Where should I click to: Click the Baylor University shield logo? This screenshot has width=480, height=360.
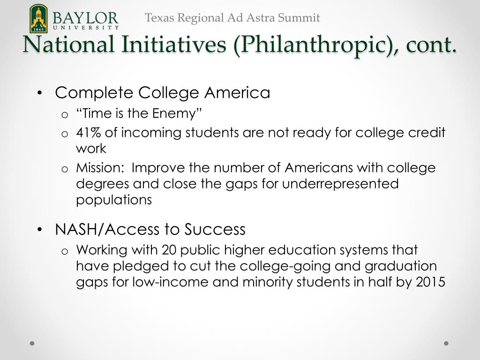point(38,18)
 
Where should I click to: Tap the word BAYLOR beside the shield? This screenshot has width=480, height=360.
point(85,18)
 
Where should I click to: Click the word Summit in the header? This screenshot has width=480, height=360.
point(299,18)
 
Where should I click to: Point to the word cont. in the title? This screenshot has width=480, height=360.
point(431,45)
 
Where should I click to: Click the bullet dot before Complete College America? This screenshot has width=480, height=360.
point(39,93)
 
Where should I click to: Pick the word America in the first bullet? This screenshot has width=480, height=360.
point(237,93)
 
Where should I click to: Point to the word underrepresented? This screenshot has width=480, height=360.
point(340,184)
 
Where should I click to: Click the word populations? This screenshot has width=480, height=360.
point(114,200)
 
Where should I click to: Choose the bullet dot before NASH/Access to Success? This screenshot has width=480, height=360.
point(39,230)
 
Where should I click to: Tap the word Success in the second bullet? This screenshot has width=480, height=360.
point(215,229)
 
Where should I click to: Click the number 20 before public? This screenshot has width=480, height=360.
point(169,250)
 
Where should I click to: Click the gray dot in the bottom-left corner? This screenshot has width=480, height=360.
point(32,343)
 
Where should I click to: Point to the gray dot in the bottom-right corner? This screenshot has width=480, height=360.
point(446,343)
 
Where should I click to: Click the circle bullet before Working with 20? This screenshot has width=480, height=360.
point(65,251)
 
